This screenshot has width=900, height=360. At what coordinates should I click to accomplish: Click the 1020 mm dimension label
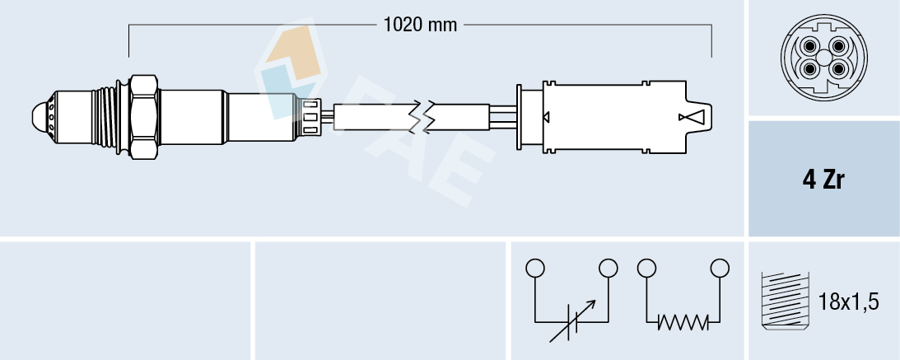tap(420, 25)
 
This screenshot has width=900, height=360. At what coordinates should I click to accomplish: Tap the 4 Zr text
tap(823, 180)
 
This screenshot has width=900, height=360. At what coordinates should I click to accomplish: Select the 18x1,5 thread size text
tap(850, 302)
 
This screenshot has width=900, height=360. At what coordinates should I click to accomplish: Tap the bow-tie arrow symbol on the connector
tap(692, 117)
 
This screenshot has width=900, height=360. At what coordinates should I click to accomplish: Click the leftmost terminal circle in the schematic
tap(535, 268)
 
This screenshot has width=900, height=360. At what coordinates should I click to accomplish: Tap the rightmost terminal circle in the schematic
tap(720, 268)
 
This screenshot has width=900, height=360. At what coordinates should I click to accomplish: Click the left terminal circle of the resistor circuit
tap(646, 268)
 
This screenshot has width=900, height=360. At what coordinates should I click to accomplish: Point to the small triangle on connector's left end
tap(544, 116)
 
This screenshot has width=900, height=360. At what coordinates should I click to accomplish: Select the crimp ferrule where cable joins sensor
tap(310, 115)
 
